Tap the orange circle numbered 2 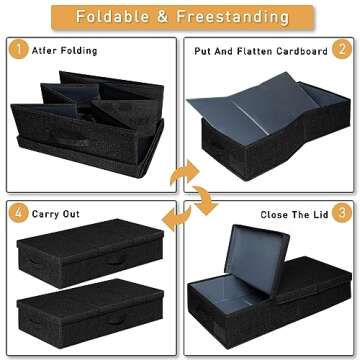click(x=341, y=47)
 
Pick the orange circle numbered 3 click(x=341, y=213)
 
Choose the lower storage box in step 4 click(x=90, y=315)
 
